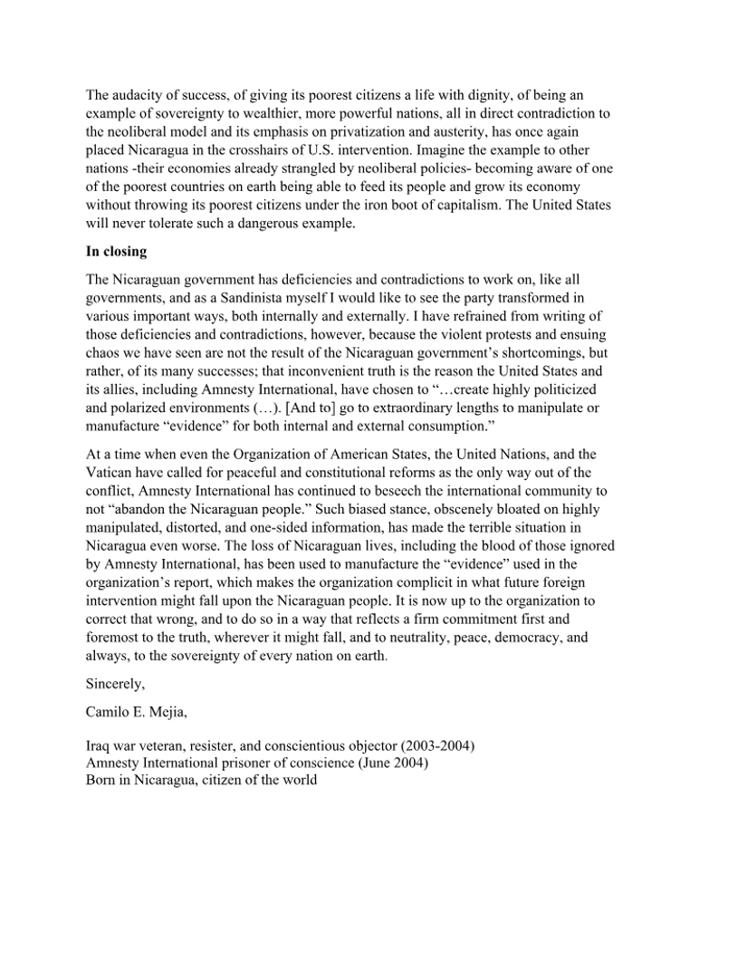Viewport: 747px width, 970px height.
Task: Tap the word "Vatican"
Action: pyautogui.click(x=110, y=472)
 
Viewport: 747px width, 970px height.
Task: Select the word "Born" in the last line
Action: pyautogui.click(x=101, y=781)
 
